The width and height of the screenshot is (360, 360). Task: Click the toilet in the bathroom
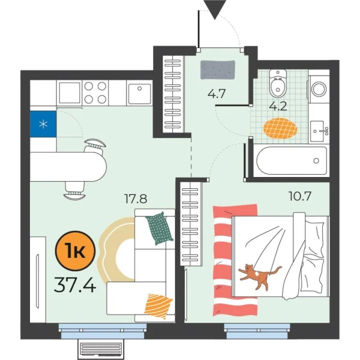(277, 85)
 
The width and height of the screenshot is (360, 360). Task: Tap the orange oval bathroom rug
(280, 128)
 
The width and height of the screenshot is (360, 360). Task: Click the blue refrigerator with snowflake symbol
(43, 124)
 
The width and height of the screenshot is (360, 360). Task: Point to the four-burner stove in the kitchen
(95, 93)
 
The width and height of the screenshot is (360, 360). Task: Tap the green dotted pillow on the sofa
(160, 228)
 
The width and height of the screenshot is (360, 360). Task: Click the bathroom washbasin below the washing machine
(319, 128)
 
